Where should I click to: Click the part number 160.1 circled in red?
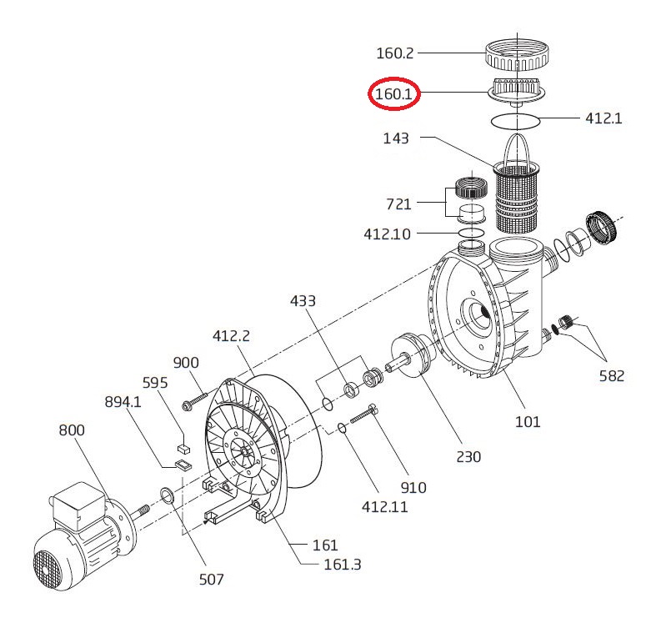(393, 93)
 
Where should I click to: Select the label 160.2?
(394, 53)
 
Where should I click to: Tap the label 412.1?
(603, 118)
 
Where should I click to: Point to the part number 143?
(396, 138)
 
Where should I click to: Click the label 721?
(398, 204)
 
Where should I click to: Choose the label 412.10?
(387, 234)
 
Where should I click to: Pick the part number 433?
(303, 301)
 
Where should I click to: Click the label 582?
(612, 375)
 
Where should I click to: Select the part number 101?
(528, 421)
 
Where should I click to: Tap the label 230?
(468, 456)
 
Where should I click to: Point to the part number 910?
(413, 488)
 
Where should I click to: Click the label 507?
(211, 579)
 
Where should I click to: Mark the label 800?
(72, 430)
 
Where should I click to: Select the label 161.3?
(343, 565)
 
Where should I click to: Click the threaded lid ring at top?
(517, 55)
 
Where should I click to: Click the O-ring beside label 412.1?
(516, 121)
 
